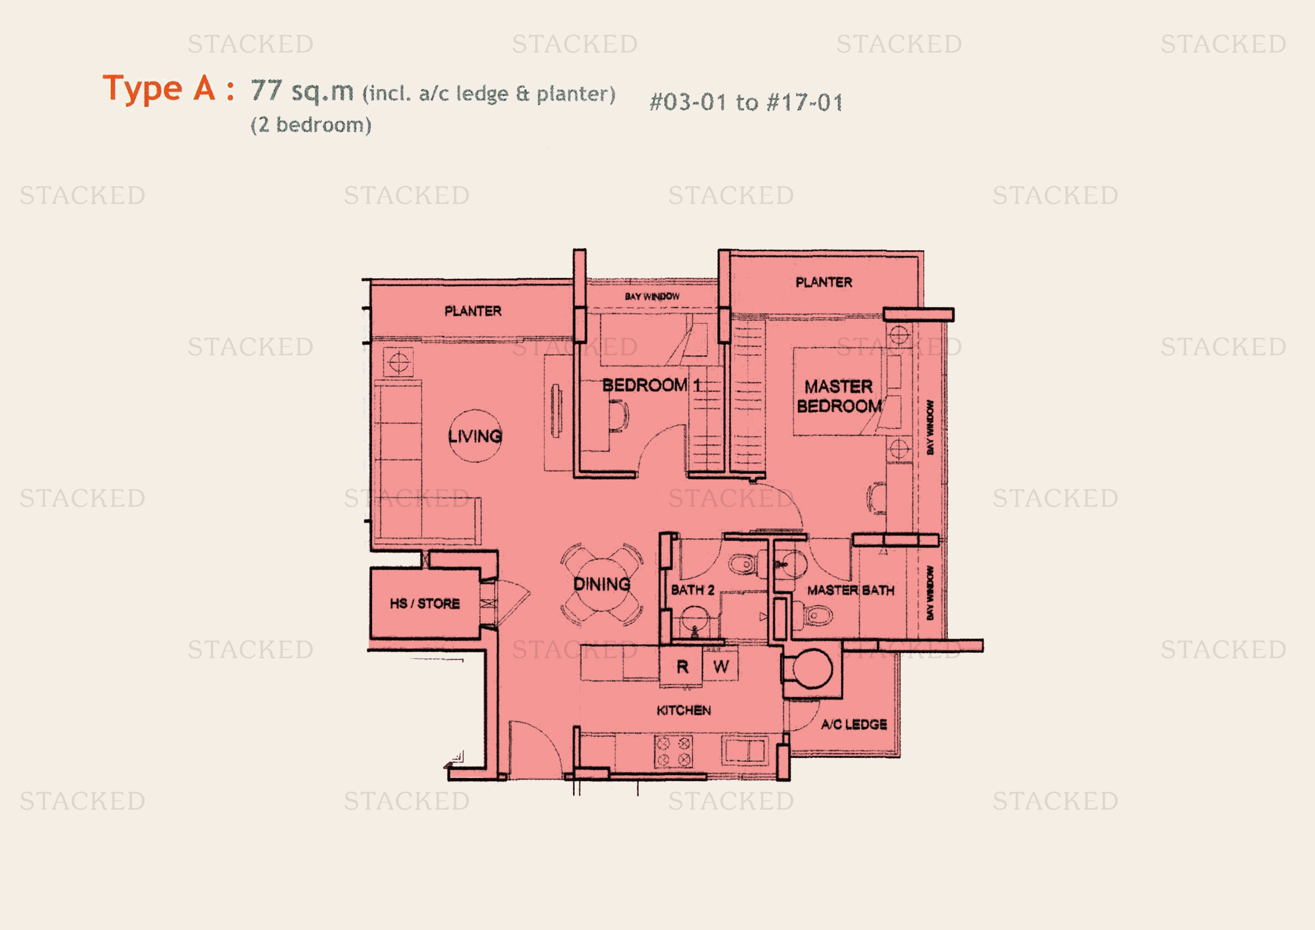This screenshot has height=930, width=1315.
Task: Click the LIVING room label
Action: point(475,436)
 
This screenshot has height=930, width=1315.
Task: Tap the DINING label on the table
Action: point(602,584)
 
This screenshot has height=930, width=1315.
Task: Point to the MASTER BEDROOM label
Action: point(839,396)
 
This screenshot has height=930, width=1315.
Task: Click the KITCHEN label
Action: point(684,711)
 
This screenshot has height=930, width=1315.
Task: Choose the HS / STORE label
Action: point(424,603)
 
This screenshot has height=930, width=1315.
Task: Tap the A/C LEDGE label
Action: point(854,724)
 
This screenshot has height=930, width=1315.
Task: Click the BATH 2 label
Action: point(693,590)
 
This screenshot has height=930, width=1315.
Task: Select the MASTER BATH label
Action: point(851,590)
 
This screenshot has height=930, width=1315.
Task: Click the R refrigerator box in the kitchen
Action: point(681,667)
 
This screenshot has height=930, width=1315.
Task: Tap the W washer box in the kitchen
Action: point(721,667)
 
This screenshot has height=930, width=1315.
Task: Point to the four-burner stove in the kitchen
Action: point(674,752)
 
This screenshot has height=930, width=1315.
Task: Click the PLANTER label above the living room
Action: point(473,311)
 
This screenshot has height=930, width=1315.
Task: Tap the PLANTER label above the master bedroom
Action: point(824,282)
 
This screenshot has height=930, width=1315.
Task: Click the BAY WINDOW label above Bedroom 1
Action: point(652,297)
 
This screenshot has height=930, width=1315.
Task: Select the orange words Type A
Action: point(159,89)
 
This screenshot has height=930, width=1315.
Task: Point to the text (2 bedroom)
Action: point(311,125)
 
